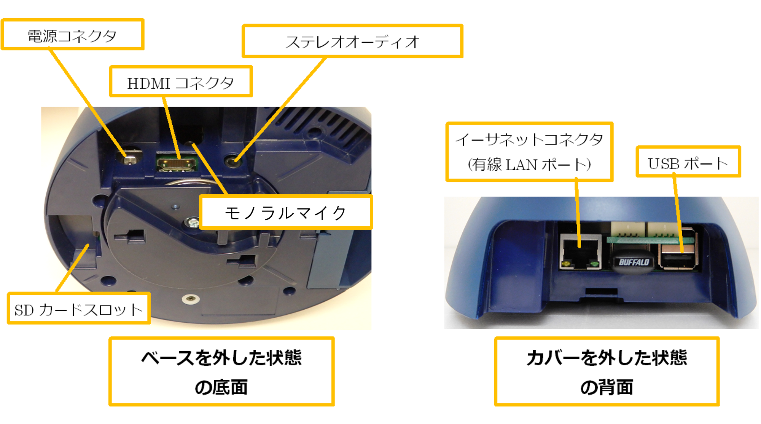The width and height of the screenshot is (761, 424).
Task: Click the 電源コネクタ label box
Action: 73,34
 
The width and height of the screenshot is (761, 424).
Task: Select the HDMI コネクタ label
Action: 181,82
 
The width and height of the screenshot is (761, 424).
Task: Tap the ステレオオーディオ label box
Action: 352,41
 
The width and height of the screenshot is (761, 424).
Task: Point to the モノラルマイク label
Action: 286,212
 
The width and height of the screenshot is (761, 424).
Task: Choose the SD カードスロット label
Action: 79,308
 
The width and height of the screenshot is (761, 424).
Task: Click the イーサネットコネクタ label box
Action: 529,152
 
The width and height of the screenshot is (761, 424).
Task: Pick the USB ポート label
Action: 688,162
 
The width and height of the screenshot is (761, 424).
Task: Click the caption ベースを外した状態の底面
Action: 221,371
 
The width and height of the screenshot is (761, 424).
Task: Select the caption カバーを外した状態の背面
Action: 607,371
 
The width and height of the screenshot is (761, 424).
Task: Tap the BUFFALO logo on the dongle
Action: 634,262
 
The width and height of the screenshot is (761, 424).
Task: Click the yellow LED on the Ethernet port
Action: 566,264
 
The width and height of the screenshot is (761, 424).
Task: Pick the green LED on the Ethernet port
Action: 594,264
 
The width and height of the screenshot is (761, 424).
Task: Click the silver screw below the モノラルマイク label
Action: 192,222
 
